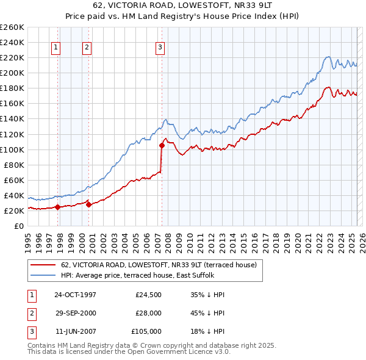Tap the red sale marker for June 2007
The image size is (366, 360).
(x=162, y=145)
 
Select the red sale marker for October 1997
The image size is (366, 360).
(x=57, y=207)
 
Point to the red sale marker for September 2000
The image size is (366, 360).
(x=89, y=204)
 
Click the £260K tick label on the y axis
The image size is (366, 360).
(x=12, y=27)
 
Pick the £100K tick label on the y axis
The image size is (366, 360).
(x=12, y=149)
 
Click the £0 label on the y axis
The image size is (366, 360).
(x=18, y=226)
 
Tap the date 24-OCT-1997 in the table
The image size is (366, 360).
(x=75, y=295)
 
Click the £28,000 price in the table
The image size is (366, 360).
(x=148, y=313)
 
